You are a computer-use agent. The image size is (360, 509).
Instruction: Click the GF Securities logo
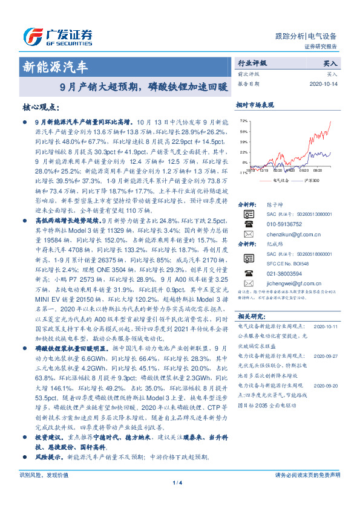point(57,37)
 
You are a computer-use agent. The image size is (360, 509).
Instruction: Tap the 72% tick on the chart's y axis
point(243,121)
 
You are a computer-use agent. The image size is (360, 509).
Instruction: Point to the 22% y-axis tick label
point(243,152)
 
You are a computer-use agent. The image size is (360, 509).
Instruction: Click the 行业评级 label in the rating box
point(252,63)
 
